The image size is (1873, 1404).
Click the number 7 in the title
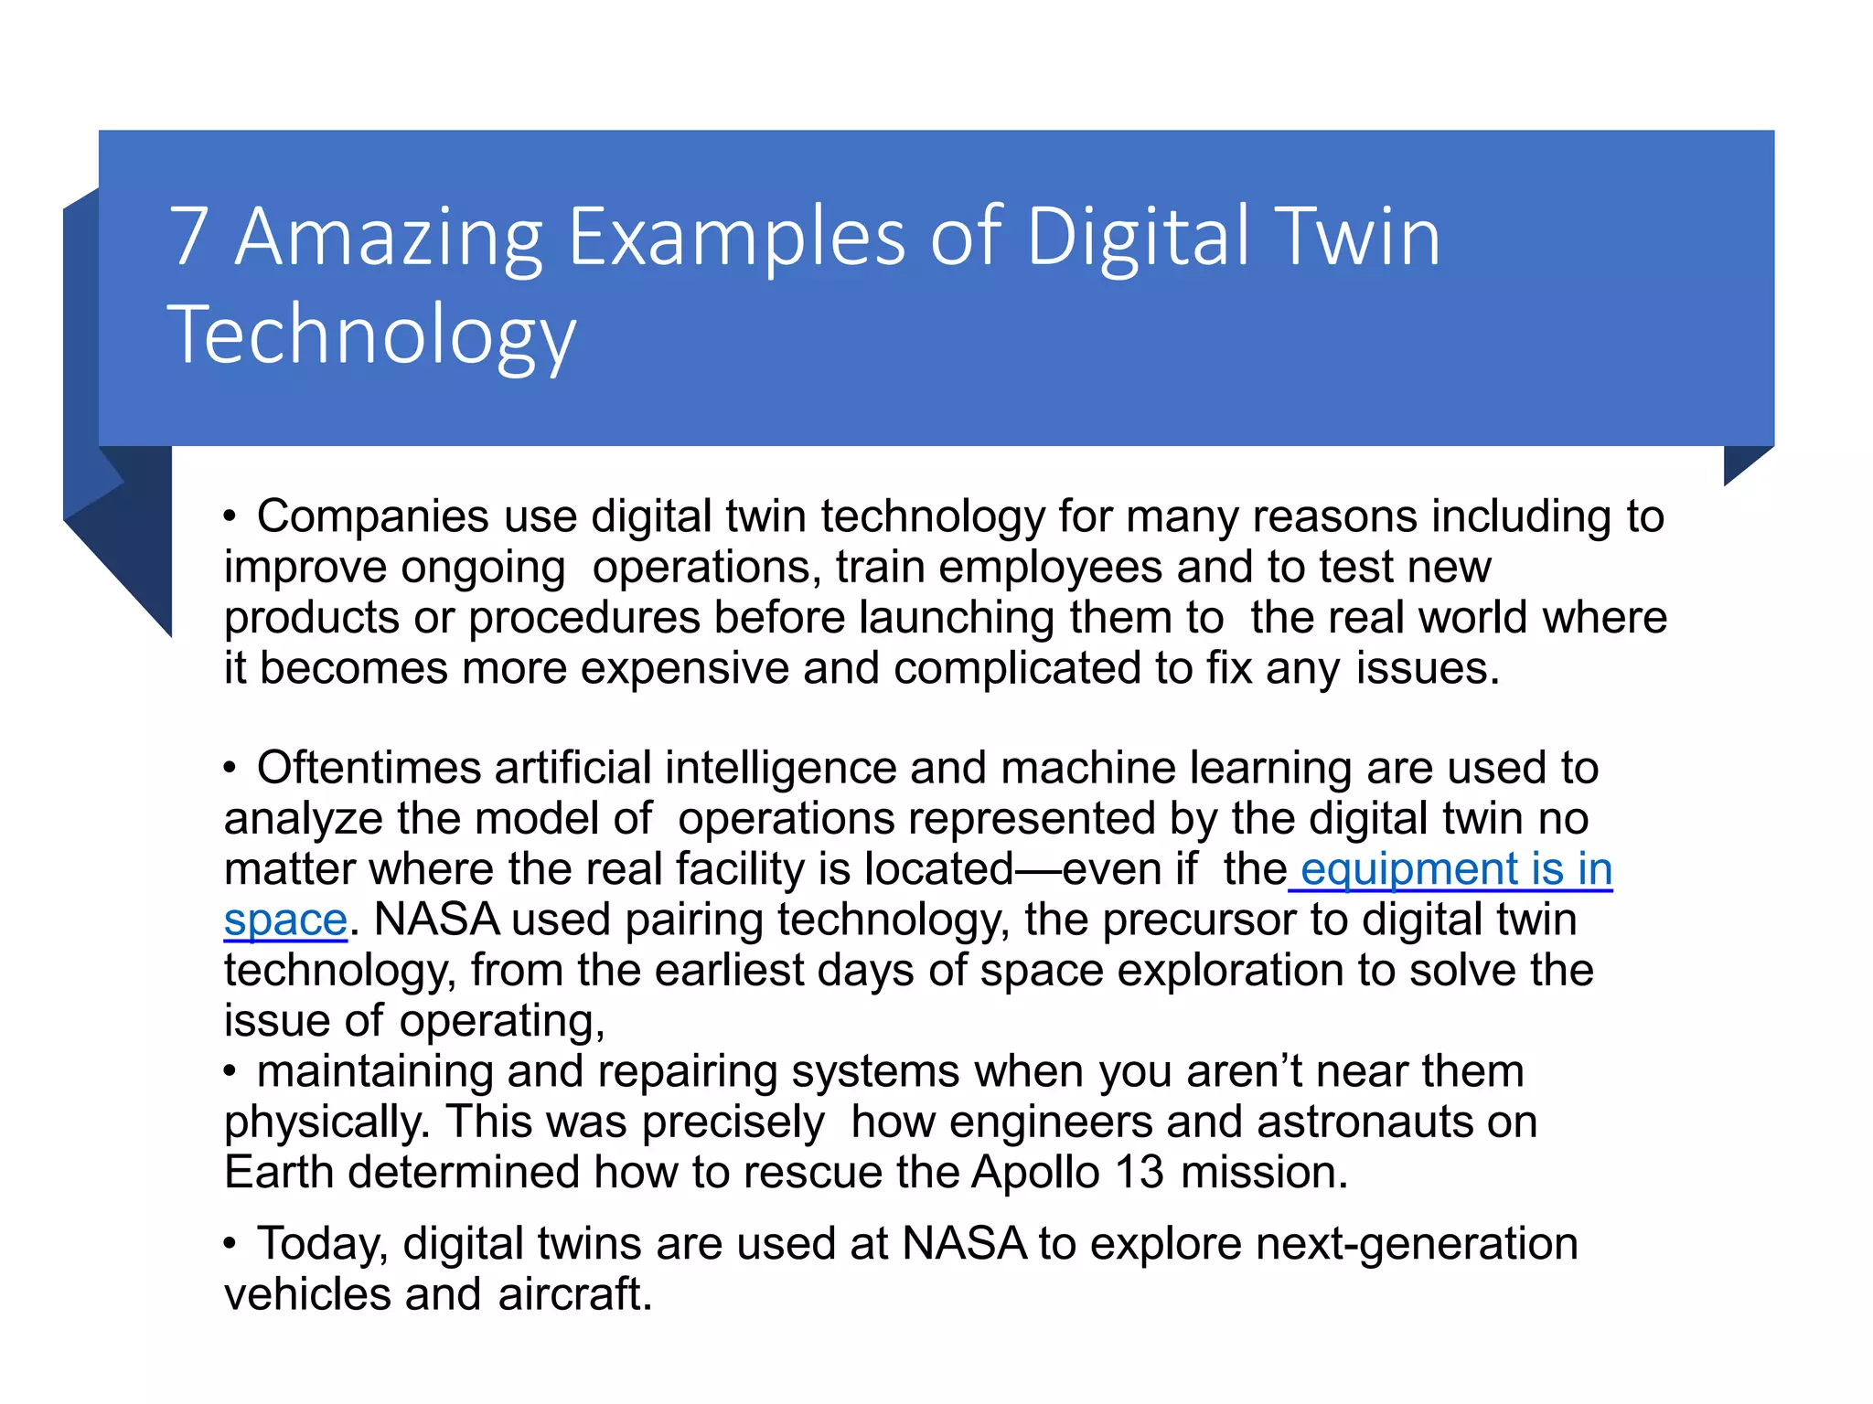tap(189, 237)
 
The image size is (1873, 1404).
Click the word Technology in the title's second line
tap(371, 335)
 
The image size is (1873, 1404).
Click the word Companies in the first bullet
tap(373, 517)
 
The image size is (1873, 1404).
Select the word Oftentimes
tap(369, 768)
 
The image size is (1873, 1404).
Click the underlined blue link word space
tap(285, 920)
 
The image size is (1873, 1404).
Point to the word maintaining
tap(375, 1071)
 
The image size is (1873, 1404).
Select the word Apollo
tap(1035, 1173)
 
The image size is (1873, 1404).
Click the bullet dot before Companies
tap(230, 518)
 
